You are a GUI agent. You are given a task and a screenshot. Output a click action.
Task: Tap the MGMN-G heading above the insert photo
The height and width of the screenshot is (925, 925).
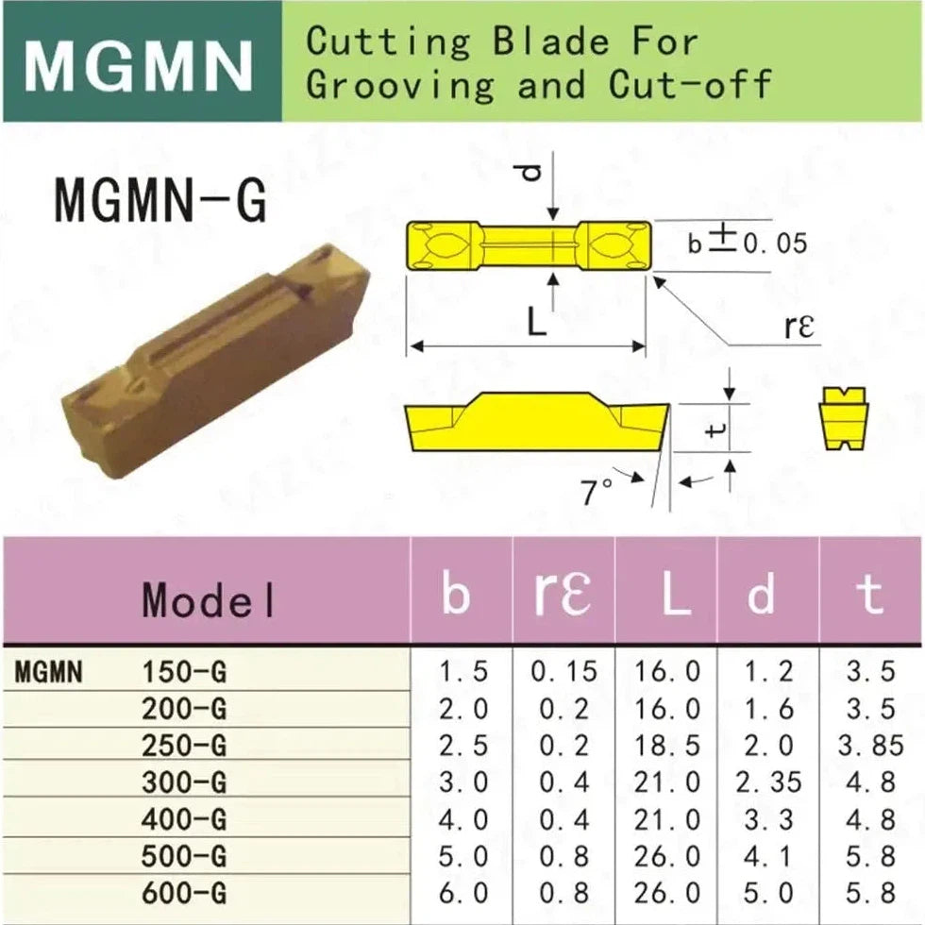(x=160, y=200)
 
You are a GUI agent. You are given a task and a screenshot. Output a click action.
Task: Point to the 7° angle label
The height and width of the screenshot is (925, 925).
(x=597, y=493)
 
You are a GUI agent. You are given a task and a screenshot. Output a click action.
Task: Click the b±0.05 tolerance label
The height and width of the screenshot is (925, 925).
(x=748, y=242)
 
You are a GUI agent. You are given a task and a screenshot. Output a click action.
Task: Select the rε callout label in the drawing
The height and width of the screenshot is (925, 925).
(x=799, y=327)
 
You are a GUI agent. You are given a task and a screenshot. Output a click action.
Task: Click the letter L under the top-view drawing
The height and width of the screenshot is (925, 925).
(x=536, y=323)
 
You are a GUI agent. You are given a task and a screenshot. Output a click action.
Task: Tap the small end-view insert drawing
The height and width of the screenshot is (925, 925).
(x=844, y=418)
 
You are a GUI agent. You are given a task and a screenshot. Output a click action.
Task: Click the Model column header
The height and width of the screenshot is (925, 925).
(x=209, y=600)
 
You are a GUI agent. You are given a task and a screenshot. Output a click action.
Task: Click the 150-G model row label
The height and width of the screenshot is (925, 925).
(x=184, y=672)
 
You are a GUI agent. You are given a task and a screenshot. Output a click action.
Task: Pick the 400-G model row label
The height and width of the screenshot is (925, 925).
(x=184, y=819)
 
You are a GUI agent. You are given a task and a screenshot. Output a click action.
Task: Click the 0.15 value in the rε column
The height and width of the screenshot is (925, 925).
(x=564, y=671)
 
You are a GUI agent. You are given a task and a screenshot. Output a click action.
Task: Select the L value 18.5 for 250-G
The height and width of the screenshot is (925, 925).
(x=666, y=746)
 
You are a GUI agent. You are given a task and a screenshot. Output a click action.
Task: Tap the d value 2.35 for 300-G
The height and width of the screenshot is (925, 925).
(x=768, y=782)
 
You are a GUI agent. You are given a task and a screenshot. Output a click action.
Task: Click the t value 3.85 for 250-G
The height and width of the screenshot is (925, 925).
(x=870, y=746)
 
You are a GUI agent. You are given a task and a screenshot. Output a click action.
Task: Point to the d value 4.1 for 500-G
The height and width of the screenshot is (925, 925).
(x=767, y=857)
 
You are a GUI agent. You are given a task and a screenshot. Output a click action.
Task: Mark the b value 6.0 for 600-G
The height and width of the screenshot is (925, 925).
(x=463, y=893)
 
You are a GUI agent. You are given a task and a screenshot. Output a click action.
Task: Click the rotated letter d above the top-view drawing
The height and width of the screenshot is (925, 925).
(x=532, y=172)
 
